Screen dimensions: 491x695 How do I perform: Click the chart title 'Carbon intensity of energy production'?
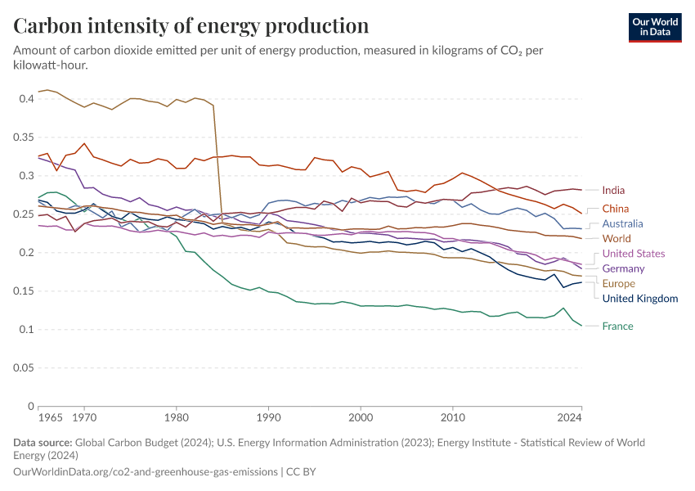(x=191, y=25)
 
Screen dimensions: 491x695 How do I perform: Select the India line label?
(x=613, y=191)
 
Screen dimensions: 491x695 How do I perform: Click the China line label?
(x=615, y=209)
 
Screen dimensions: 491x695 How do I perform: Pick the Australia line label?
(x=622, y=223)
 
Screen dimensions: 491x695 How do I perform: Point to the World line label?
(x=617, y=238)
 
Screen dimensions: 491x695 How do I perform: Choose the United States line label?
(x=634, y=254)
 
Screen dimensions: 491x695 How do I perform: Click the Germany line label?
(x=623, y=268)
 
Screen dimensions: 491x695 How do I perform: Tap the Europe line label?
(x=618, y=283)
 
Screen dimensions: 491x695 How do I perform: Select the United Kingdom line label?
(x=640, y=298)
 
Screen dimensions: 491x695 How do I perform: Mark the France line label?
(x=617, y=327)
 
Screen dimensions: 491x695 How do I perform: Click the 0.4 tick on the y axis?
(x=25, y=99)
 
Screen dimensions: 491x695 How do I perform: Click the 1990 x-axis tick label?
(x=267, y=417)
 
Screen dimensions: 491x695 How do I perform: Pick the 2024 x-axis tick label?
(x=570, y=417)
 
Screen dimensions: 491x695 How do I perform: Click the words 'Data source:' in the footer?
(x=43, y=443)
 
